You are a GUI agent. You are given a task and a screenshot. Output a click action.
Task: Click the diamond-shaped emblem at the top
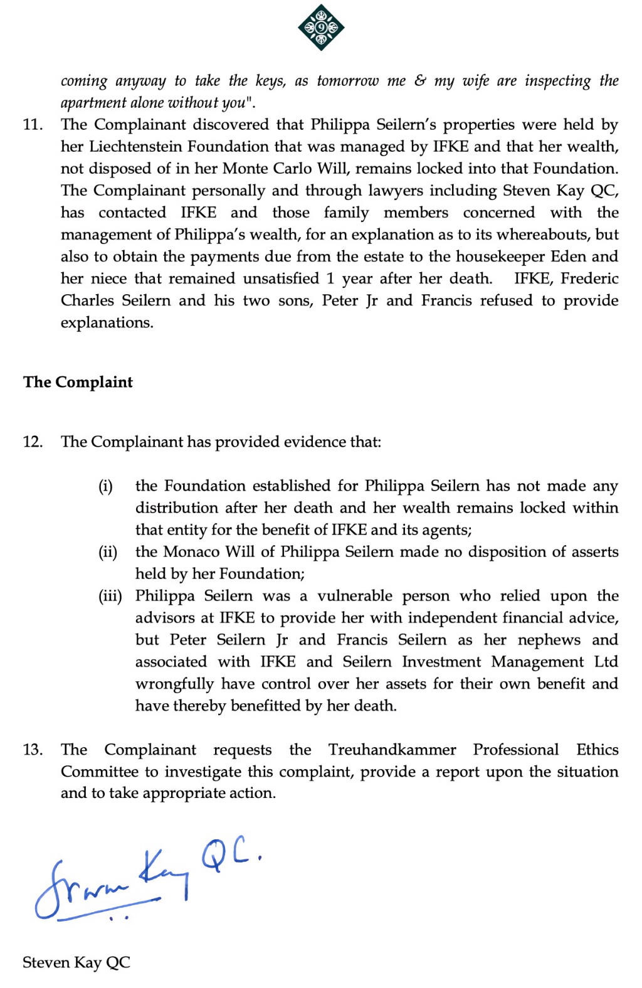click(x=321, y=28)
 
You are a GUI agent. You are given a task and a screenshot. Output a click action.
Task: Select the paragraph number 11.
click(x=33, y=125)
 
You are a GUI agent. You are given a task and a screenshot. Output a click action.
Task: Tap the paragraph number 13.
click(x=33, y=750)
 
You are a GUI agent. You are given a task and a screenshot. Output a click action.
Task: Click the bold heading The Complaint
click(x=78, y=382)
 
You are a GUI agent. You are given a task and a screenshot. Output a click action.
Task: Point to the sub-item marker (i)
click(x=105, y=486)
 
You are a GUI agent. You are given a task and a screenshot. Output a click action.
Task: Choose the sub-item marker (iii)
click(x=110, y=596)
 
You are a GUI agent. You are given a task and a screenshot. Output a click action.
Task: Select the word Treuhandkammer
click(x=392, y=750)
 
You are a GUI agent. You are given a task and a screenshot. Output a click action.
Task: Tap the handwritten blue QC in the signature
click(x=229, y=856)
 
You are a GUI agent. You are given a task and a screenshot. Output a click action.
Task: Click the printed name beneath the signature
click(x=76, y=962)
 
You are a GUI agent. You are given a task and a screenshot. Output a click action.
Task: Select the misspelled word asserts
click(x=590, y=552)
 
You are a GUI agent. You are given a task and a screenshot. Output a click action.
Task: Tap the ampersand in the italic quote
click(x=420, y=81)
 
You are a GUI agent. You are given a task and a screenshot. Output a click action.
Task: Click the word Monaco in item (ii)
click(x=192, y=552)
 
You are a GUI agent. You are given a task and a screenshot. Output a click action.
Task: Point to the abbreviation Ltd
click(x=606, y=662)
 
